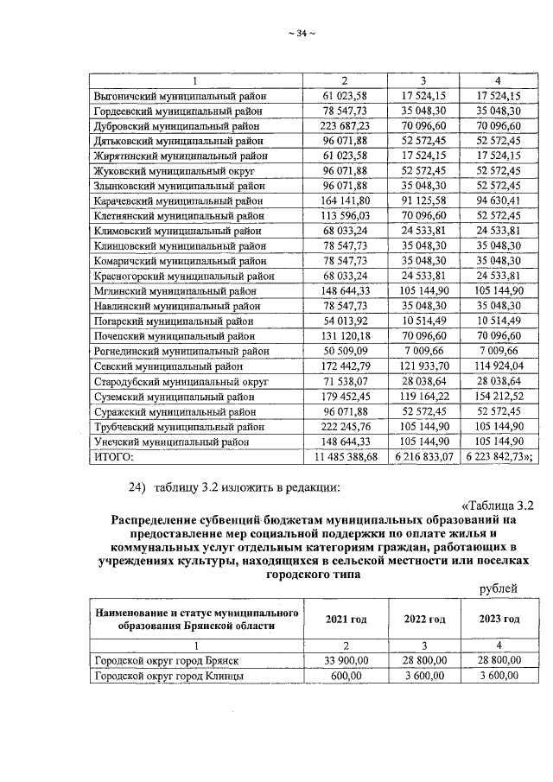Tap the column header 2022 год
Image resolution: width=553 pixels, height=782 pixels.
[x=423, y=620]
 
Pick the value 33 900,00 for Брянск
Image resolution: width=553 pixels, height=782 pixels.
[x=346, y=661]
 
